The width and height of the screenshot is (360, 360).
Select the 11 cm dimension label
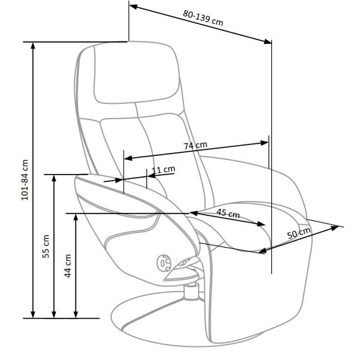[x=163, y=170]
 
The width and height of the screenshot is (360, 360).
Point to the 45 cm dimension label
[x=228, y=214]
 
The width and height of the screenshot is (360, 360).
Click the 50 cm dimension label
[x=299, y=233]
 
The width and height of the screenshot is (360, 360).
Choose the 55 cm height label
[x=46, y=246]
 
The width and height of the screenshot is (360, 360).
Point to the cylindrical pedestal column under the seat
[x=191, y=290]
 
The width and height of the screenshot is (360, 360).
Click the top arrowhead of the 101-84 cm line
[x=33, y=45]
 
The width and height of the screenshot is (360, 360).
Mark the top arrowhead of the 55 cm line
[x=55, y=178]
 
